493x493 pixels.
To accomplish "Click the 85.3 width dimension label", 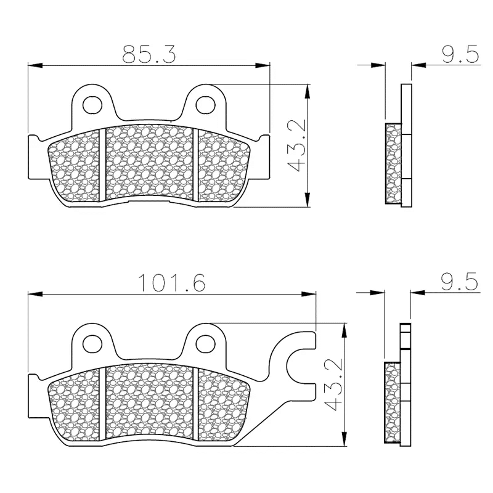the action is [x=149, y=54].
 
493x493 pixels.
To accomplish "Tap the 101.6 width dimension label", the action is [x=172, y=282].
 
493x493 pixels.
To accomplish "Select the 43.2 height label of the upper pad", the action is [x=297, y=146].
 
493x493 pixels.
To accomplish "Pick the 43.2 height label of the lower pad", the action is [x=332, y=385].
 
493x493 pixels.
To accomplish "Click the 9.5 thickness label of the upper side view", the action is [x=460, y=54].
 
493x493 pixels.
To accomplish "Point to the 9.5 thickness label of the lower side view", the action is [x=460, y=282].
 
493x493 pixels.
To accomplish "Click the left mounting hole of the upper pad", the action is [x=92, y=104].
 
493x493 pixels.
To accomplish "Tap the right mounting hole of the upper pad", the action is [x=205, y=104].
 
